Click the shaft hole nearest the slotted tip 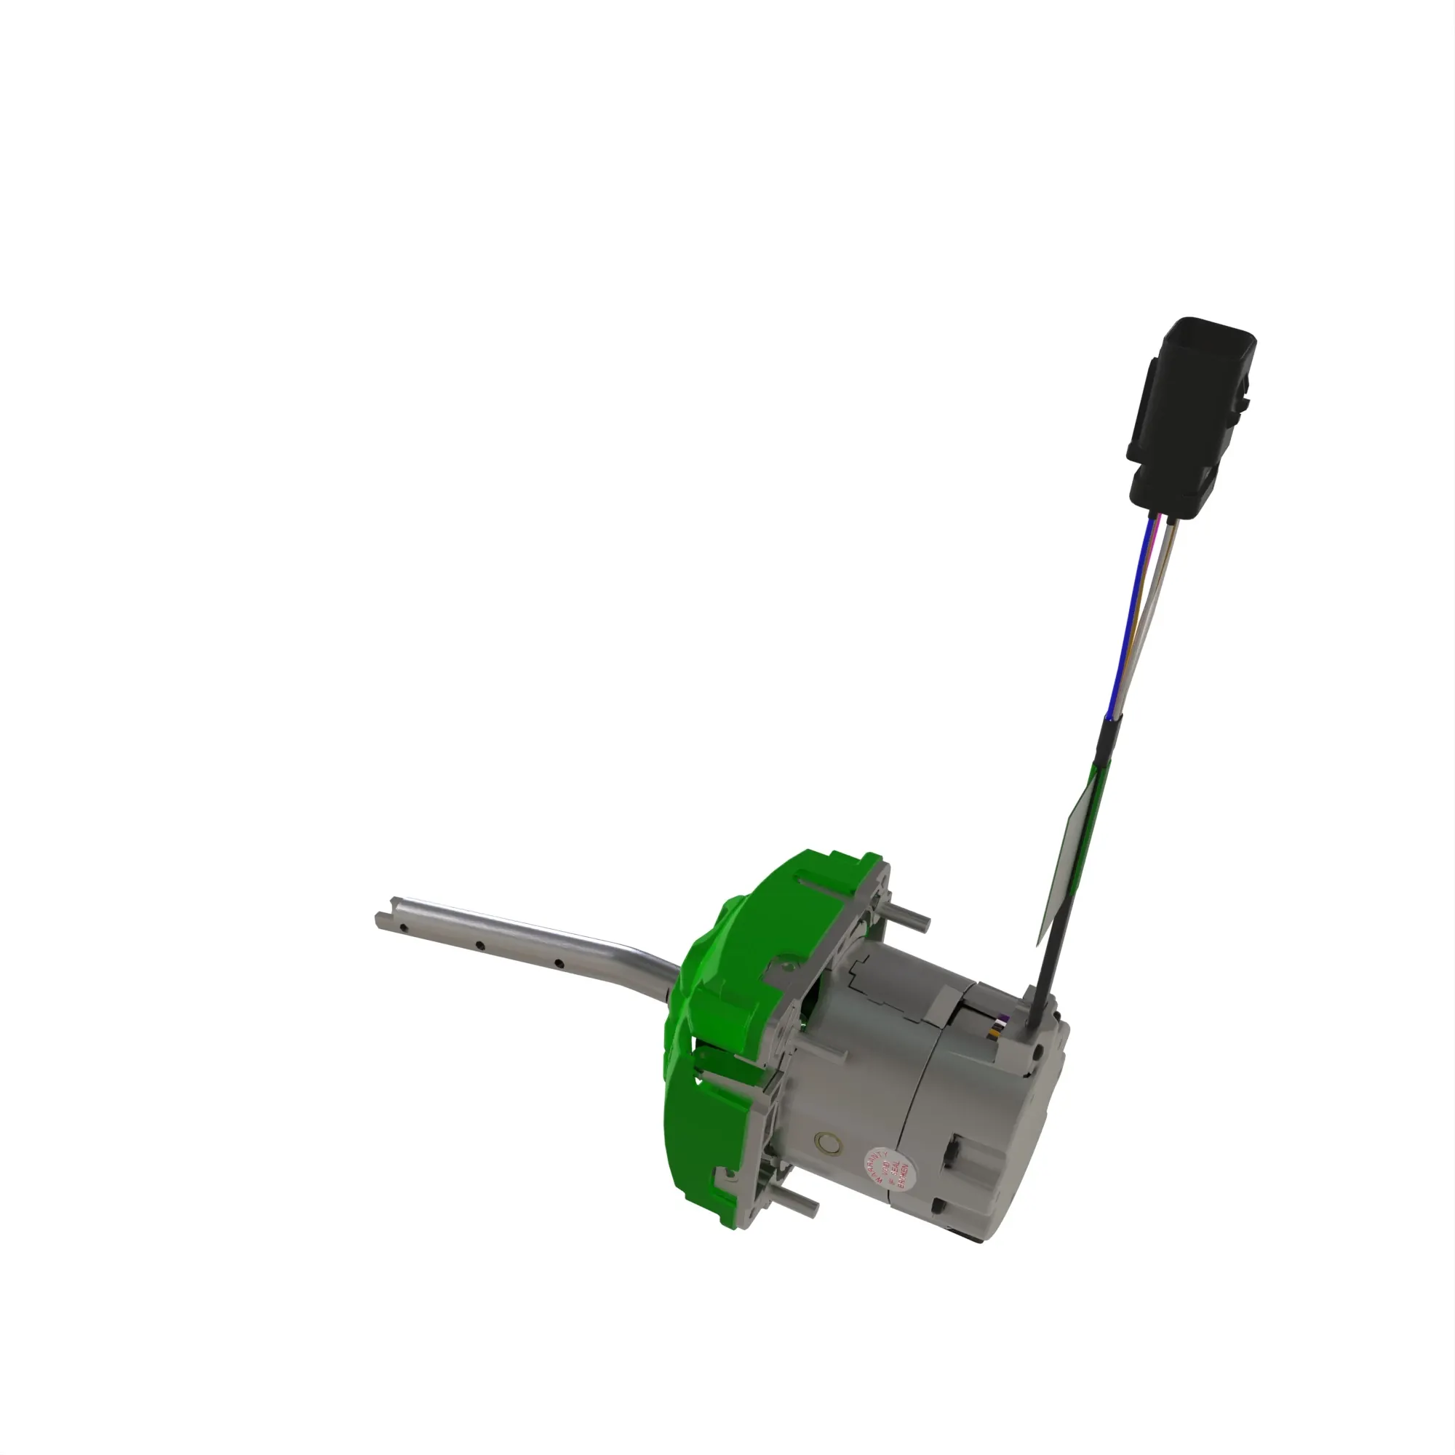click(x=404, y=928)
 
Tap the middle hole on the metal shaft click(x=478, y=945)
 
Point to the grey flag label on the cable click(x=1069, y=858)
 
